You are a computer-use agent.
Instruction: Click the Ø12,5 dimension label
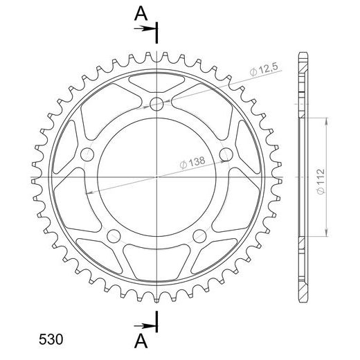click(264, 69)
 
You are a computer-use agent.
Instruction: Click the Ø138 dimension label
click(192, 163)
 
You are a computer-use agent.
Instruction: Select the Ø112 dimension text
click(321, 181)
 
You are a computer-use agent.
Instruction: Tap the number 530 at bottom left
click(51, 339)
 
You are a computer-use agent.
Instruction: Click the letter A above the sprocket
click(141, 13)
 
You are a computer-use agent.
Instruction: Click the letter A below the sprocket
click(141, 341)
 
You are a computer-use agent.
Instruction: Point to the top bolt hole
click(156, 104)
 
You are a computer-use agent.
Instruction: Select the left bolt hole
click(87, 154)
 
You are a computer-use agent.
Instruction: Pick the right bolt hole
click(226, 154)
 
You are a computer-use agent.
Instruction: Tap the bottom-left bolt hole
click(114, 236)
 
